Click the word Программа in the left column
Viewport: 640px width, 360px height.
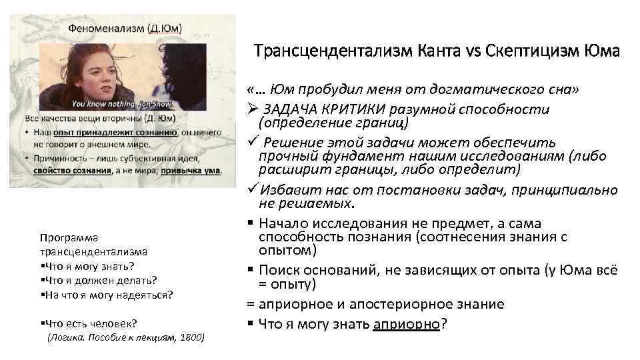coord(69,238)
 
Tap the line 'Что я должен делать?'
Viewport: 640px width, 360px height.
coord(99,279)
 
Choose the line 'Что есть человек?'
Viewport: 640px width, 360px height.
coord(89,323)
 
